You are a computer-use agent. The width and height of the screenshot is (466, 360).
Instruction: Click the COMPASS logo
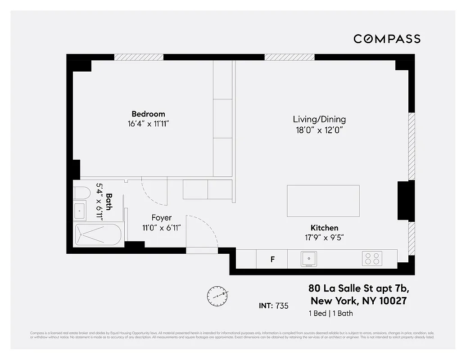coord(387,39)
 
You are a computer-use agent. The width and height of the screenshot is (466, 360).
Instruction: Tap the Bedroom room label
coord(148,114)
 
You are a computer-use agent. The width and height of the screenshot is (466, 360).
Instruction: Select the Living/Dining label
coord(319,119)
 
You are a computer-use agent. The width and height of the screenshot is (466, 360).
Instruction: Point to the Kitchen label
coord(324,228)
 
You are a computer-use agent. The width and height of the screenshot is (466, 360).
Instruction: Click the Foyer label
coord(161,218)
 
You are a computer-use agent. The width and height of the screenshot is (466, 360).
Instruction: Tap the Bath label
coord(109,202)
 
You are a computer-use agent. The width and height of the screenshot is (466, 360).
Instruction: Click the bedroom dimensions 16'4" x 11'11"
coord(148,123)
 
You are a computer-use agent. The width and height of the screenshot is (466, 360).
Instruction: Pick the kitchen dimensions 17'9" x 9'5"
coord(324,237)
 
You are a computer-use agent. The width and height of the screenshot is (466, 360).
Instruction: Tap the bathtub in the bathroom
coord(98,234)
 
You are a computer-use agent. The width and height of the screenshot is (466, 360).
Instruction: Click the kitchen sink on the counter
coord(308,259)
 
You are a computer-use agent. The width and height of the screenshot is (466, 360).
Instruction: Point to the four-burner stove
coord(372,258)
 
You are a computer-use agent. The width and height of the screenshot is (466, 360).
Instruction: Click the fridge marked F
coord(272,259)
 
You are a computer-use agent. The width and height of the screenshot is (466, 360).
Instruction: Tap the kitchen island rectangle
coord(323,201)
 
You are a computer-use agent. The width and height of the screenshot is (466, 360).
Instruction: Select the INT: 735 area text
coord(273,306)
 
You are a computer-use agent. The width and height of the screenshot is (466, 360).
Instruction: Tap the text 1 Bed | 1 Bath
coord(330,314)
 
